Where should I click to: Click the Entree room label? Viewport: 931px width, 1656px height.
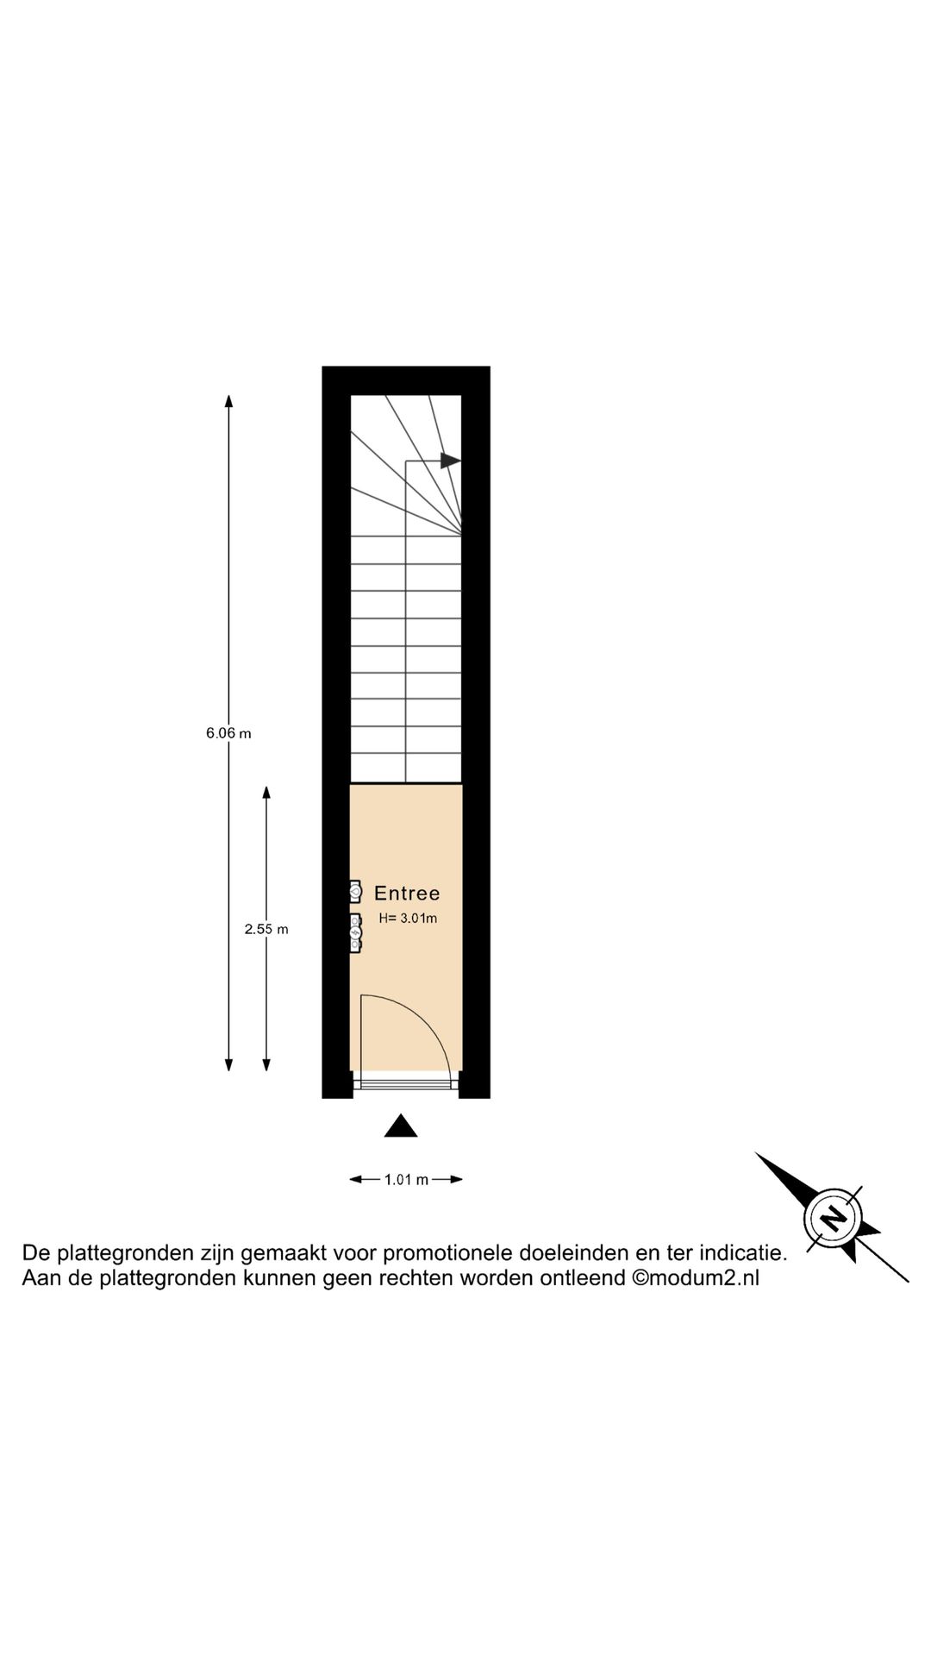click(x=407, y=894)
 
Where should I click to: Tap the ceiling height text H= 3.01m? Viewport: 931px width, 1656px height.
click(x=408, y=919)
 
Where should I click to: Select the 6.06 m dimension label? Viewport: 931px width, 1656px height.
click(x=228, y=734)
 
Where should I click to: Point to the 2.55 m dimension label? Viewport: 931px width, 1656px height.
click(x=266, y=929)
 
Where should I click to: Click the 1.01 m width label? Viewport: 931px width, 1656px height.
click(x=406, y=1180)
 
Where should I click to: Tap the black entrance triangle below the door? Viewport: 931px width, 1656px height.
click(x=401, y=1126)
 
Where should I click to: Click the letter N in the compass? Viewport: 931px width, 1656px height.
click(x=833, y=1218)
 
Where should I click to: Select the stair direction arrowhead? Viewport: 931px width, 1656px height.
click(x=450, y=461)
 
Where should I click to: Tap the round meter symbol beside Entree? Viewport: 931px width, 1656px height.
click(x=355, y=892)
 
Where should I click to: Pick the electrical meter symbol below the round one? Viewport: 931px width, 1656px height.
click(x=355, y=933)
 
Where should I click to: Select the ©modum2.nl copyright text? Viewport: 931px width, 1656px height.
click(x=696, y=1278)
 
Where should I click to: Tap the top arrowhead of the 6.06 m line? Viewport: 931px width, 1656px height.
click(x=228, y=400)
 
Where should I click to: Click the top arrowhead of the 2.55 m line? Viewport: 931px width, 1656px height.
click(x=266, y=793)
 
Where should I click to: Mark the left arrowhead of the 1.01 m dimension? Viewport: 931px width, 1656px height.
click(x=355, y=1180)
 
